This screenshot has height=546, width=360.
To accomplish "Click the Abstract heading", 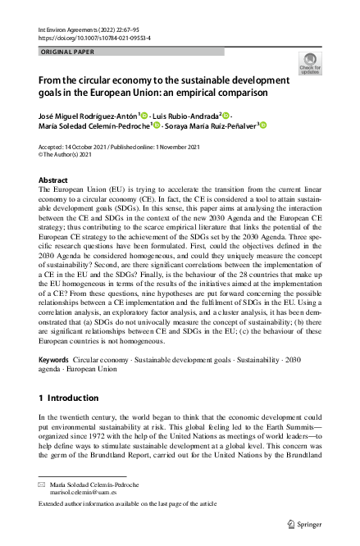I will coord(54,179).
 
